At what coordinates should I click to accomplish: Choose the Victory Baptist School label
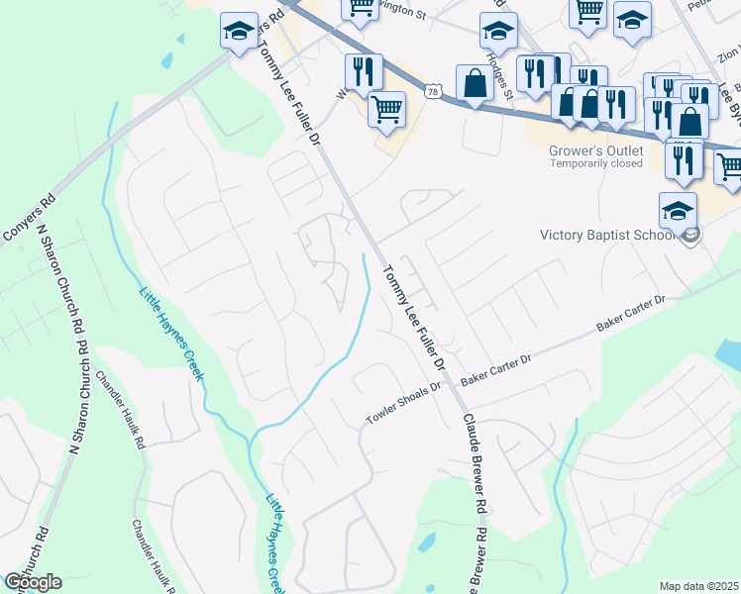(606, 236)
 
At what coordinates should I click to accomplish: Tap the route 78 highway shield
(432, 91)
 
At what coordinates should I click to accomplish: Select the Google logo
(33, 582)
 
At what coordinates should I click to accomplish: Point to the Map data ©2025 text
(697, 586)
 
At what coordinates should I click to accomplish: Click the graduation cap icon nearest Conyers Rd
(239, 31)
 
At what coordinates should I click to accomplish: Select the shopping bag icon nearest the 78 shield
(475, 83)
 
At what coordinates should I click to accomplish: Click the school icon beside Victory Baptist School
(679, 209)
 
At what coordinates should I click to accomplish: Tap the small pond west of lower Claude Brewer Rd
(427, 542)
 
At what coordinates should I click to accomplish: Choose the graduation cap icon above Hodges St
(498, 30)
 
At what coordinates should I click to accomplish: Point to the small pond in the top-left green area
(179, 40)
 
